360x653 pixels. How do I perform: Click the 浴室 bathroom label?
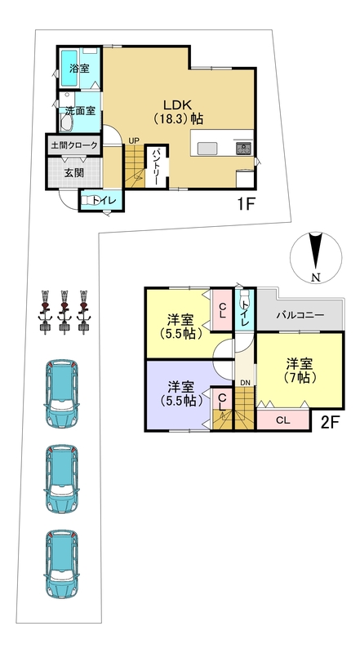pos(79,69)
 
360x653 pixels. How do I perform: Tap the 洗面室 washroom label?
pos(80,111)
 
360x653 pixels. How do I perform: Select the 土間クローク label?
pos(74,146)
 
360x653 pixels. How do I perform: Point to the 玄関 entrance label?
pos(74,173)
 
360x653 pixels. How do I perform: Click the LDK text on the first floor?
pos(176,105)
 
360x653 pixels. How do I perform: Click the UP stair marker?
pos(134,140)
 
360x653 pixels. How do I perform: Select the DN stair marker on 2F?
pos(244,382)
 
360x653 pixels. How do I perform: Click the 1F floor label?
pos(246,205)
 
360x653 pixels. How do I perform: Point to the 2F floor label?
pos(331,423)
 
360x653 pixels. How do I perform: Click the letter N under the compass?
pos(316,278)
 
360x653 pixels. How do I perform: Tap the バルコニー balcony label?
pos(300,315)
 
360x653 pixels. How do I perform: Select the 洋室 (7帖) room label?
pos(300,371)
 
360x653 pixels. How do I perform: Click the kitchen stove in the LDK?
pos(244,148)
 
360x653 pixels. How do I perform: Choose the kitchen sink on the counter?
pos(207,149)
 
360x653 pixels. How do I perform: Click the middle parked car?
pos(61,478)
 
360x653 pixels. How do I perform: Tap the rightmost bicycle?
pos(84,313)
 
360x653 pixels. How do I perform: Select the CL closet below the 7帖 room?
pos(283,420)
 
